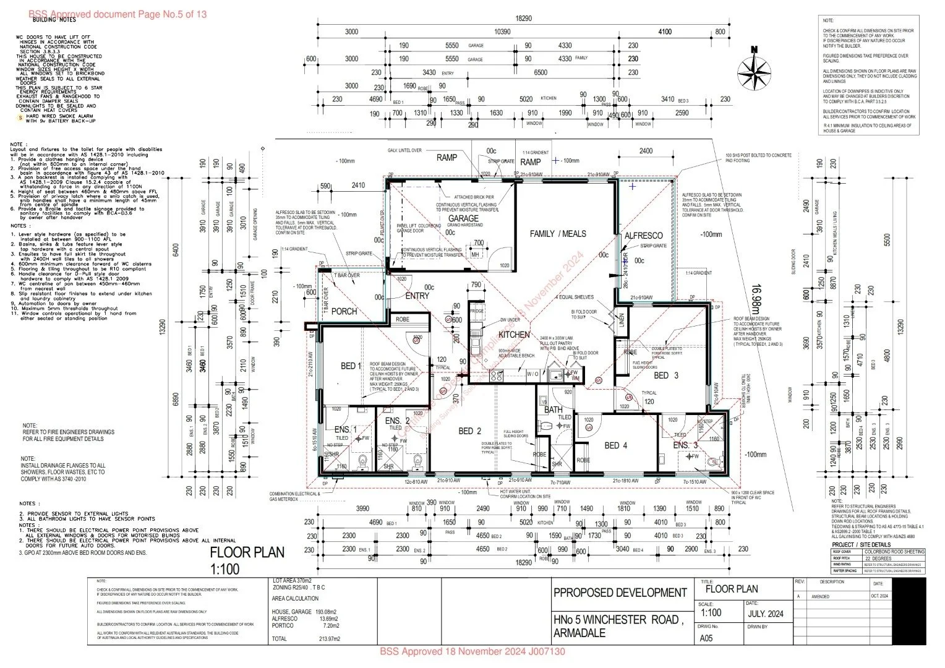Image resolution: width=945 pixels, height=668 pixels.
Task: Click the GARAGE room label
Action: point(463,218)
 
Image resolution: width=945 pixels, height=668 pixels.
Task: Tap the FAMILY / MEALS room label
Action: point(557,234)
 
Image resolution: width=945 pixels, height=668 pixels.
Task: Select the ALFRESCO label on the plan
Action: point(643,236)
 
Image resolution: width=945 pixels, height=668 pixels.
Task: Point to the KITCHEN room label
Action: point(514,335)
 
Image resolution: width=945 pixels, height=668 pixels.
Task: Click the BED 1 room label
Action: point(351,366)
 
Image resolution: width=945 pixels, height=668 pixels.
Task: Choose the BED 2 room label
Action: point(469,430)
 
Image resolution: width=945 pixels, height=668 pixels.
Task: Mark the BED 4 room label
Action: point(615,445)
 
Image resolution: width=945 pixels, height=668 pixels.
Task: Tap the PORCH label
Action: point(344,311)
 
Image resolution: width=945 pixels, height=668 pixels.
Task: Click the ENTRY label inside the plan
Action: point(417,296)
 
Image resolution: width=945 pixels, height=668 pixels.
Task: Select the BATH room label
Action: point(553,410)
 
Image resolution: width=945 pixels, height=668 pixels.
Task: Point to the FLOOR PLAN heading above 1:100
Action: point(247,552)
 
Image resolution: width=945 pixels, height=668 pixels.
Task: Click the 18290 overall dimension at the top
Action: point(523,19)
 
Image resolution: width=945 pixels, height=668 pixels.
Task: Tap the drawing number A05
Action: point(706,638)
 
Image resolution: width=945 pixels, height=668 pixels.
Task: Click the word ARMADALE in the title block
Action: point(579,633)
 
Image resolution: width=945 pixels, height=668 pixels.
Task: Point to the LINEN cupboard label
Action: point(622,319)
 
